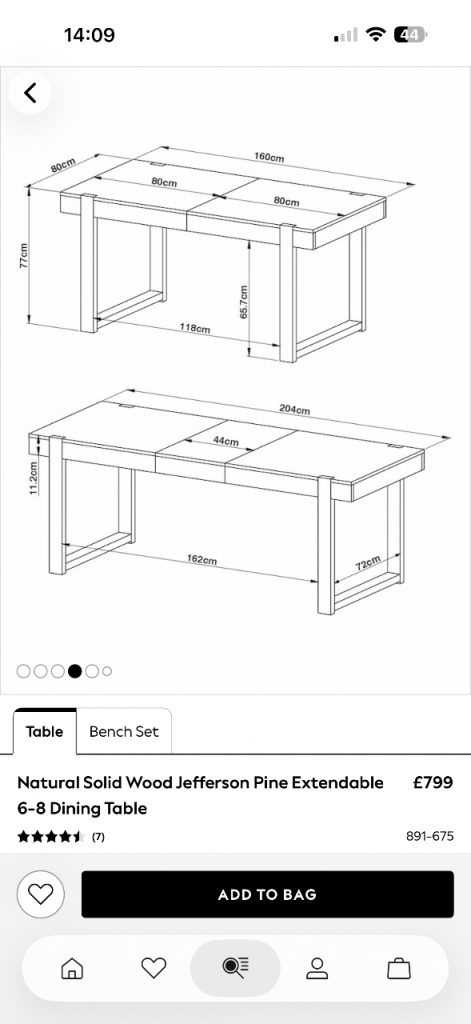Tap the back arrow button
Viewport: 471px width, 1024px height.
click(x=30, y=93)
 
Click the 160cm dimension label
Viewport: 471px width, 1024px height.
click(x=269, y=158)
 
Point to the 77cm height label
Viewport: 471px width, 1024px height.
click(x=23, y=256)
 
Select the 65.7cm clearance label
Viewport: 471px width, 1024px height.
click(x=244, y=302)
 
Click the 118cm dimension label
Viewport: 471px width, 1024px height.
click(x=195, y=328)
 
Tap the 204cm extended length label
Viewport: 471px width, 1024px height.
click(x=295, y=409)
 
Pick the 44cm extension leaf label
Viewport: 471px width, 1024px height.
click(x=226, y=441)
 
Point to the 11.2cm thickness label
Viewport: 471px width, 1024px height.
click(x=33, y=478)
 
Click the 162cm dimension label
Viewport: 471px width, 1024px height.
click(x=202, y=560)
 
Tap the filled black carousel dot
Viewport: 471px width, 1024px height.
click(x=74, y=671)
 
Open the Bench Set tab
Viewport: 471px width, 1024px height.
click(x=123, y=731)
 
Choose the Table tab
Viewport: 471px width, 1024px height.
click(x=44, y=731)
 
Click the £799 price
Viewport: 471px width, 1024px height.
click(x=433, y=782)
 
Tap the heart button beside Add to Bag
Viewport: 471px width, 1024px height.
click(x=41, y=894)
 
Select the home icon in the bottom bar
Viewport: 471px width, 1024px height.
click(x=72, y=968)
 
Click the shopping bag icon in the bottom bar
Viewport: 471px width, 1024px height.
click(x=398, y=968)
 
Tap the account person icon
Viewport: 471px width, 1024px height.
click(x=317, y=968)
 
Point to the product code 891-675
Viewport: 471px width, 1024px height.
click(x=430, y=837)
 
